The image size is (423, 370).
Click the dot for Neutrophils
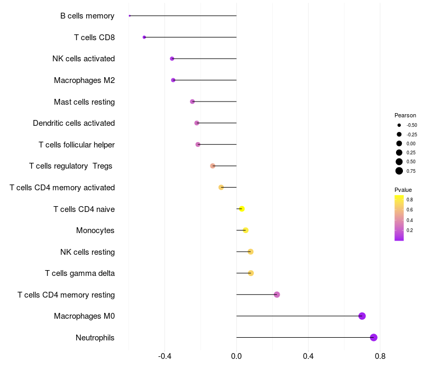[x=374, y=337]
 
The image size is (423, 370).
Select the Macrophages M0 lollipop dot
[x=362, y=316]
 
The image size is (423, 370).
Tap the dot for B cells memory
[x=130, y=16]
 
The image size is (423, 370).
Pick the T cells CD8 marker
[x=144, y=37]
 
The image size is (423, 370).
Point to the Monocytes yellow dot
[x=245, y=230]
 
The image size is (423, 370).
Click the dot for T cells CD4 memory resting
[x=277, y=294]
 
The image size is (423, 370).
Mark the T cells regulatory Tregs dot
[x=213, y=166]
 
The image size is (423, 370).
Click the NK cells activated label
[x=84, y=59]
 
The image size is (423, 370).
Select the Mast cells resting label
[x=84, y=101]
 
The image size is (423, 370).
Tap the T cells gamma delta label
[x=80, y=273]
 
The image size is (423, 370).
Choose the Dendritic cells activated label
[x=73, y=123]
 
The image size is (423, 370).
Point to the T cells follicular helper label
[x=77, y=145]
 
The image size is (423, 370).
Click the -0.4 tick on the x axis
[x=165, y=356]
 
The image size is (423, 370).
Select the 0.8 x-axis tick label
[x=380, y=356]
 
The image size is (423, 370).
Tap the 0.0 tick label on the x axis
[x=236, y=356]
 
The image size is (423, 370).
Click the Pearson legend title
[x=405, y=115]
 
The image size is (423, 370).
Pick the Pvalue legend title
[x=403, y=190]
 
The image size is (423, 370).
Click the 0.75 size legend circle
[x=399, y=171]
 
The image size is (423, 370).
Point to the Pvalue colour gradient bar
[x=399, y=218]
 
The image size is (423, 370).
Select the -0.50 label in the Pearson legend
[x=411, y=125]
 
